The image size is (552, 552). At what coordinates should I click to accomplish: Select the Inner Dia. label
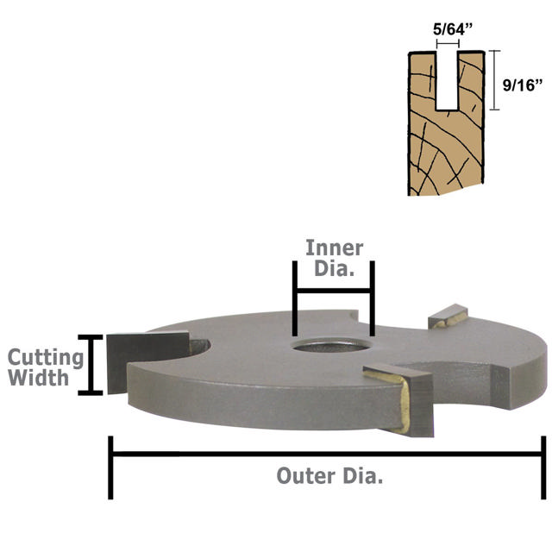point(334,258)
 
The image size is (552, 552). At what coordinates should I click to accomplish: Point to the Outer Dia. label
point(329,475)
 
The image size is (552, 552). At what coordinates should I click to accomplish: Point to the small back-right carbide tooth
point(450,317)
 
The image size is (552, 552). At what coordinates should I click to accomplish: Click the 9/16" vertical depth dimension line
point(494,80)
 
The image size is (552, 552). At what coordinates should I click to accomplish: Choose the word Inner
point(335,248)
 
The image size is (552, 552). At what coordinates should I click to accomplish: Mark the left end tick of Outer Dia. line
point(110,466)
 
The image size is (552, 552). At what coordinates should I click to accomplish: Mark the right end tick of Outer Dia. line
point(543,466)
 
